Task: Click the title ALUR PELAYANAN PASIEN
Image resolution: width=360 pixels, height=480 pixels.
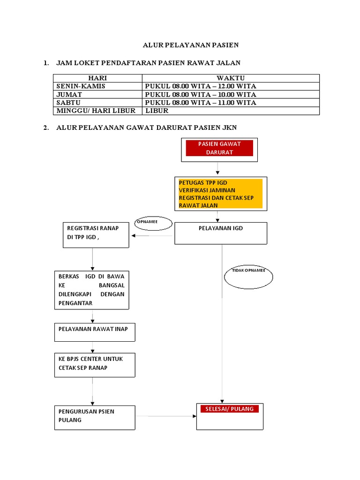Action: tap(191, 45)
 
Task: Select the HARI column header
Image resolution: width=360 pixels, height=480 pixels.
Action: tap(97, 78)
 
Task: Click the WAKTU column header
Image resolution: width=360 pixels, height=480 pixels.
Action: tap(231, 78)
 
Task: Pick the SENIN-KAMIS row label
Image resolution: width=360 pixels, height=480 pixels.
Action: tap(81, 86)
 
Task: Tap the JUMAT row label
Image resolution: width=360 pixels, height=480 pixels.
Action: tap(69, 94)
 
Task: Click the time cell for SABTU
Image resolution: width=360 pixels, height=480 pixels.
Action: tap(201, 103)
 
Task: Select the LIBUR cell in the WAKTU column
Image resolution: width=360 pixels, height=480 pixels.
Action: tap(157, 111)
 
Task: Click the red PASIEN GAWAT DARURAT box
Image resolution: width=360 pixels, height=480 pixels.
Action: tap(219, 148)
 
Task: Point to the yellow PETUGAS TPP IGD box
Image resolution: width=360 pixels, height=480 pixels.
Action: tap(220, 194)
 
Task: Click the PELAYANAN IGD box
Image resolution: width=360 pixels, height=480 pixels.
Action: tap(221, 233)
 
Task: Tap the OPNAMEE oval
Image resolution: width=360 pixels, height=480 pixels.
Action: tap(150, 223)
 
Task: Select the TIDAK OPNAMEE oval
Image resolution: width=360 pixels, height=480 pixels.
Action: tap(248, 277)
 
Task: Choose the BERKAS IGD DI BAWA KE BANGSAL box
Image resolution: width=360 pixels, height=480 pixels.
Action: tap(91, 289)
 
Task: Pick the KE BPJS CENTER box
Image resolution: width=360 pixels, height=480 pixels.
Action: tap(94, 365)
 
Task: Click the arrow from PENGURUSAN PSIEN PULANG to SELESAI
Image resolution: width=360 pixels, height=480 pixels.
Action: tap(165, 416)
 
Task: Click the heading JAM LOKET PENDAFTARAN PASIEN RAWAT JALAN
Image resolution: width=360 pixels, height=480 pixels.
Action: tap(148, 62)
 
